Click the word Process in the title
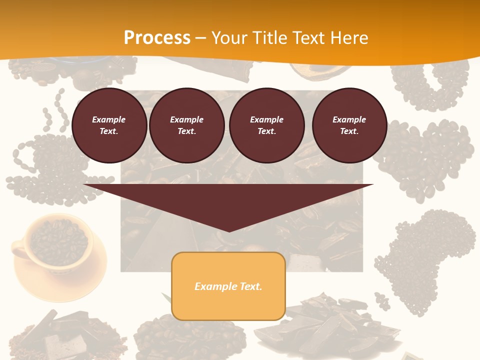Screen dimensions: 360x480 coord(157,38)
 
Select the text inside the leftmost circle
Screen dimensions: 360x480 coord(109,125)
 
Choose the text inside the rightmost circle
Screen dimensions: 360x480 coord(349,125)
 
